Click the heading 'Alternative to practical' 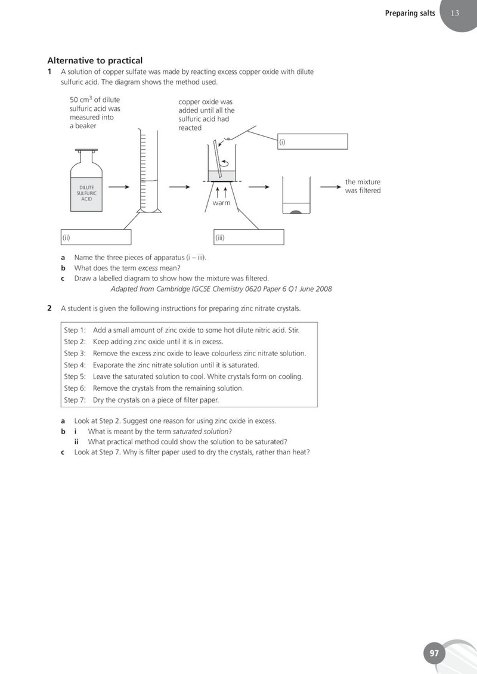click(95, 61)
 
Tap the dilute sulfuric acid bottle click(86, 181)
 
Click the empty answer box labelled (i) click(312, 141)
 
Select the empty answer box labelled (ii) click(96, 237)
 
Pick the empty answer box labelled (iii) click(249, 237)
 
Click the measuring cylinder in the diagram click(149, 171)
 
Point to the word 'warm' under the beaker click(221, 203)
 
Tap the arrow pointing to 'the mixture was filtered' click(331, 187)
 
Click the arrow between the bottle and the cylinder click(119, 187)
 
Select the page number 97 click(435, 653)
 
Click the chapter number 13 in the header click(455, 13)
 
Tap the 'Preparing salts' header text click(410, 13)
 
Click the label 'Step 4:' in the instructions click(75, 365)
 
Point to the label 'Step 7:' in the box click(75, 400)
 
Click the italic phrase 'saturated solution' click(201, 431)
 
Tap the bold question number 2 click(49, 308)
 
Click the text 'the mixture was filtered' click(363, 186)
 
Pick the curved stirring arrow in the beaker click(224, 163)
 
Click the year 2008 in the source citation click(324, 289)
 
